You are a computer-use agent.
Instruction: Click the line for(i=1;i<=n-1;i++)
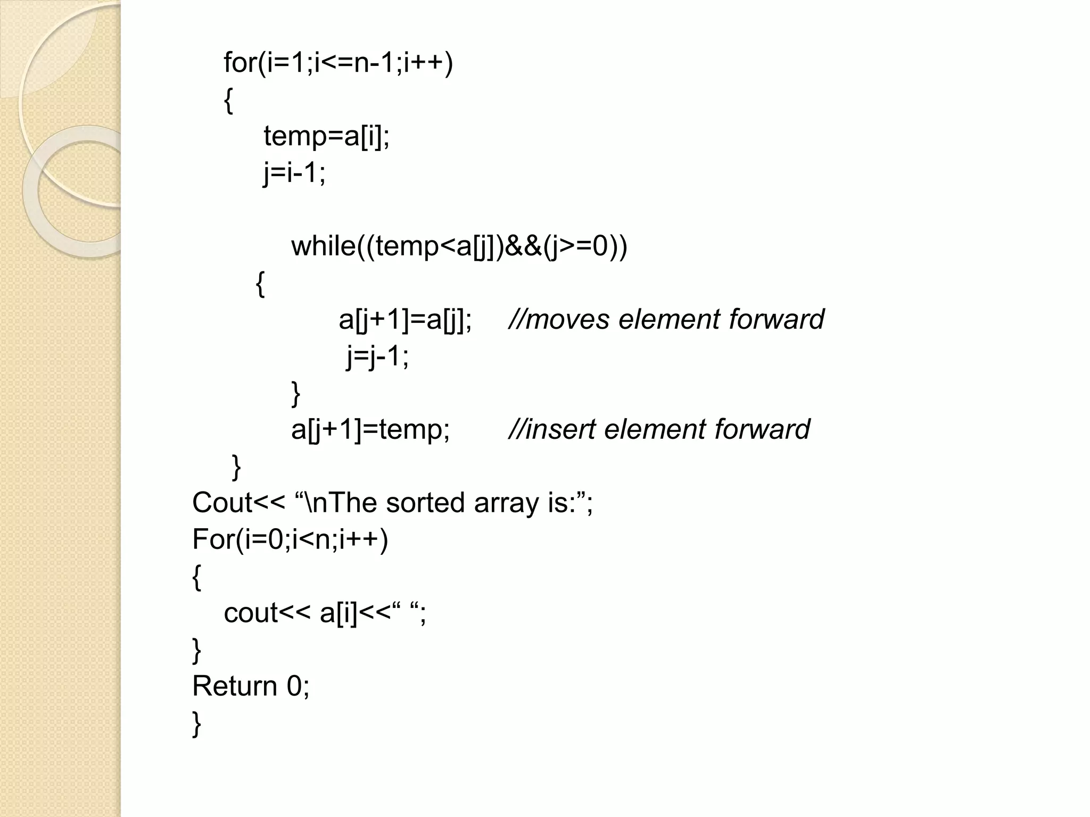click(338, 63)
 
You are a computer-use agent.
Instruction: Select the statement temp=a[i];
click(327, 136)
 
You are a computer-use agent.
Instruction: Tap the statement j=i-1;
click(294, 173)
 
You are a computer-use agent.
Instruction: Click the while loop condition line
click(459, 246)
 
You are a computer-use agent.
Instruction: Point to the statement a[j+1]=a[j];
click(405, 320)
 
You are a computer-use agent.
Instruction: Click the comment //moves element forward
click(666, 320)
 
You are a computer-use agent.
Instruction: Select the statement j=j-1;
click(377, 356)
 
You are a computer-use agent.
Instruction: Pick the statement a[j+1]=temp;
click(370, 429)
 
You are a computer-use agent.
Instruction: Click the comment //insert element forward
click(659, 429)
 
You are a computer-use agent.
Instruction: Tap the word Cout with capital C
click(222, 503)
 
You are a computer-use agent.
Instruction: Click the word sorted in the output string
click(425, 503)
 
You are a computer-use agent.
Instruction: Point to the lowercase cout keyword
click(251, 613)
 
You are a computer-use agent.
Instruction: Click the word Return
click(234, 686)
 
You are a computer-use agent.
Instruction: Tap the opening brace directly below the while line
click(260, 284)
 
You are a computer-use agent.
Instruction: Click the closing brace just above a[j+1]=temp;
click(296, 394)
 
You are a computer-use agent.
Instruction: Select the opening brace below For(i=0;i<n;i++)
click(196, 577)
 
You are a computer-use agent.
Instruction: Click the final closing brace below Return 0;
click(196, 723)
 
